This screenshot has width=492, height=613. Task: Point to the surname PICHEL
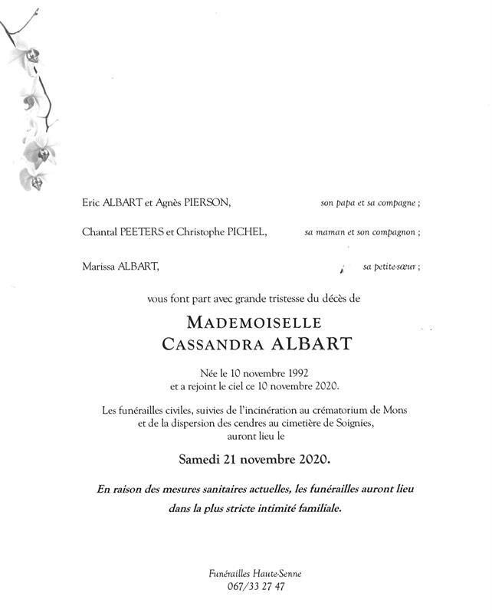(x=245, y=232)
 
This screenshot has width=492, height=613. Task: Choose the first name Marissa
(x=97, y=267)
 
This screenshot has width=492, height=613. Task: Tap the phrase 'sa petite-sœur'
(x=389, y=267)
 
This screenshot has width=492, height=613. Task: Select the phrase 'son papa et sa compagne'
(x=368, y=204)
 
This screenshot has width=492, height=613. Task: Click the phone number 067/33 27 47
(x=246, y=588)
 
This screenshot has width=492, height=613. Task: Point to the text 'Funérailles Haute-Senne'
(x=246, y=574)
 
